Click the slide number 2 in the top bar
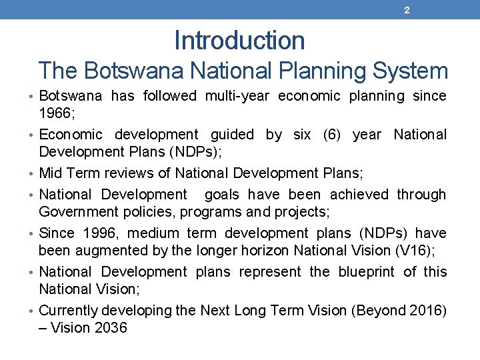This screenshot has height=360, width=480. click(x=407, y=10)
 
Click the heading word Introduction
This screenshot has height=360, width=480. click(x=239, y=41)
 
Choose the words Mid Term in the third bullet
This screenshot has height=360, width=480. click(x=68, y=173)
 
